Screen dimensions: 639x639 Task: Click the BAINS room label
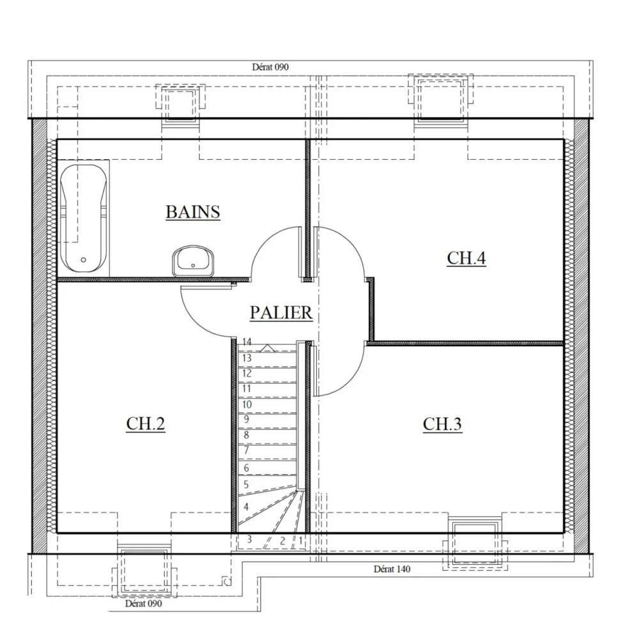point(193,212)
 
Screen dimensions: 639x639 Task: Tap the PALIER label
point(281,312)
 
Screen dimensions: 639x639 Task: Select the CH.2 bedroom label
point(146,424)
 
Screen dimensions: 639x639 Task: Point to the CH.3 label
point(442,424)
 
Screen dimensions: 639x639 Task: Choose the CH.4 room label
point(466,258)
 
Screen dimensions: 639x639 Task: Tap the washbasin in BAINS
point(193,260)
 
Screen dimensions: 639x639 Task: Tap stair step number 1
point(300,541)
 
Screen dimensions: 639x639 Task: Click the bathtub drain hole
point(84,260)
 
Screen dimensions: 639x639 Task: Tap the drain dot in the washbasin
point(193,265)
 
